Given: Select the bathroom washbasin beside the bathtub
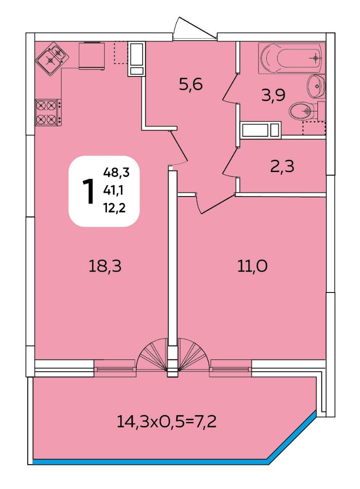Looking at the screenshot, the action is [x=316, y=86].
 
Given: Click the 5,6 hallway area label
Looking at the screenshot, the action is [x=191, y=84].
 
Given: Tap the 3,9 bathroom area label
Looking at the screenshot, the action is [x=273, y=95].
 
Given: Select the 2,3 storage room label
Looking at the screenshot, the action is [x=282, y=166].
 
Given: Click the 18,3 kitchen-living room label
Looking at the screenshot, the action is [x=105, y=266].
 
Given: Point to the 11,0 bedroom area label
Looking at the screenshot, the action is [x=252, y=266].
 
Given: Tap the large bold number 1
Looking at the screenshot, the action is [x=88, y=191].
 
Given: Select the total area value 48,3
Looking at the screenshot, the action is [x=116, y=172].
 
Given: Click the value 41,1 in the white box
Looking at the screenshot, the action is [x=114, y=190].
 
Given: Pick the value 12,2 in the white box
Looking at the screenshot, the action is [x=115, y=207].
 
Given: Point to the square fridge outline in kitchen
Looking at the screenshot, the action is [x=92, y=56].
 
